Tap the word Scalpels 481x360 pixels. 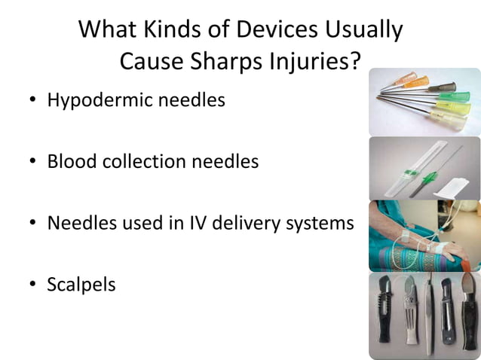pyautogui.click(x=81, y=285)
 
